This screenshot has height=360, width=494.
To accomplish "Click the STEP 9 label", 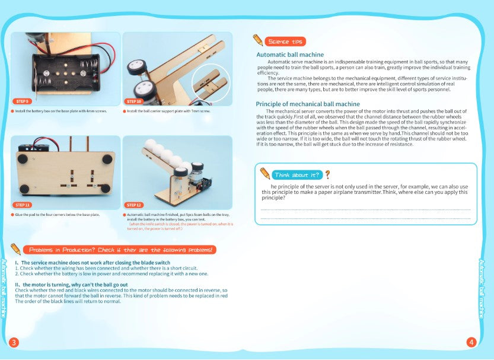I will pos(22,101).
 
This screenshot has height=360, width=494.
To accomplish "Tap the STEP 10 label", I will pos(134,101).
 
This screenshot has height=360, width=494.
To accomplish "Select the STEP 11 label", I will pos(22,205).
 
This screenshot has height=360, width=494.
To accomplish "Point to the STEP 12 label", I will pos(134,205).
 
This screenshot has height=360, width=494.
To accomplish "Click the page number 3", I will pos(14,342).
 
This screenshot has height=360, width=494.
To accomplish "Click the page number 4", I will pos(471,342).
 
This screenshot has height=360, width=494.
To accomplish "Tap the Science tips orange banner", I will pos(286,42).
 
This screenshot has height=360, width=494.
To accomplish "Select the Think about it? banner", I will pos(297,175).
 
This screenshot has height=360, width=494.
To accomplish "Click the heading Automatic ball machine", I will pos(290,55).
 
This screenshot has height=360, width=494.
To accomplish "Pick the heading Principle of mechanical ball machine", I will pos(308,104).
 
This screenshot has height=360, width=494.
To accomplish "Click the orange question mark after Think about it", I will pos(327,174).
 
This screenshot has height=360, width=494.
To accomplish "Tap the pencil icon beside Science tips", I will pos(258,40).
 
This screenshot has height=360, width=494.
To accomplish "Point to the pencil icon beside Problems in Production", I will pos(16,249).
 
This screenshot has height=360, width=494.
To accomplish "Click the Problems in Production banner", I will pos(122,250).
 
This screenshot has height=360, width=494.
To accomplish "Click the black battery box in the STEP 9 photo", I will pos(65,71).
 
